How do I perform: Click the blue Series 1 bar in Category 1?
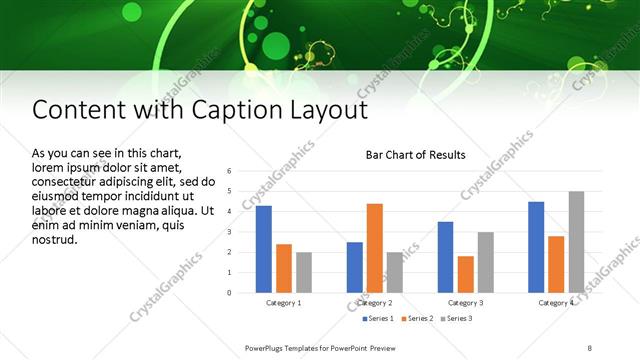point(264,249)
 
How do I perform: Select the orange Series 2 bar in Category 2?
point(375,248)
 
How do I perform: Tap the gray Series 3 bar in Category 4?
point(576,242)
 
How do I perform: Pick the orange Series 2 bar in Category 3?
point(465,274)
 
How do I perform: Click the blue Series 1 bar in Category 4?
point(536,247)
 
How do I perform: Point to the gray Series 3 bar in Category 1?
point(304,272)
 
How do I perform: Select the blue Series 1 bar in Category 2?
point(355,267)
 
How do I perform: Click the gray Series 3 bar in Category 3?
point(485,262)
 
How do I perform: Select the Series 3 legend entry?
point(457,318)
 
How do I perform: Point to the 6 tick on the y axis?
point(229,171)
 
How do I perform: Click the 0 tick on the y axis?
point(229,293)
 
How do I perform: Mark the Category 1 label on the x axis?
point(284,302)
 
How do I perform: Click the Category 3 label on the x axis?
point(466,302)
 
